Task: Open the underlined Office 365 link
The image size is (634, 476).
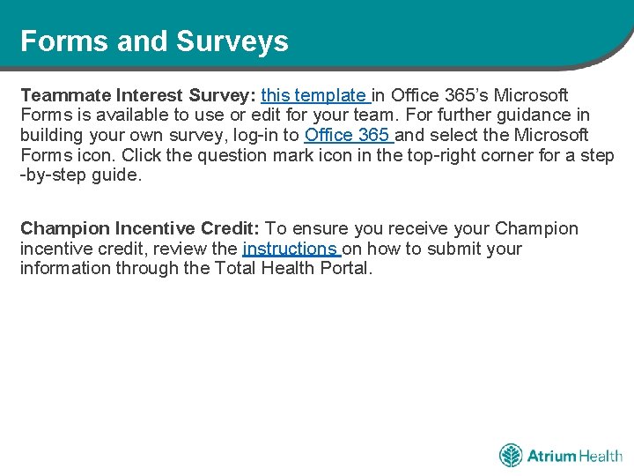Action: tap(347, 136)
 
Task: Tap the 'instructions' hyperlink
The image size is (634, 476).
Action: tap(290, 249)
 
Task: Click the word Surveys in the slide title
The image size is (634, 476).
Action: tap(232, 41)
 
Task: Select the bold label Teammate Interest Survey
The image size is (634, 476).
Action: tap(138, 95)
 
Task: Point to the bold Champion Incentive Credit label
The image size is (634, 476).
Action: tap(140, 229)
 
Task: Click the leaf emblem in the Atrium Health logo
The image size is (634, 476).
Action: tap(511, 456)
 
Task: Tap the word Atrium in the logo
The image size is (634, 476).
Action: tap(551, 456)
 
